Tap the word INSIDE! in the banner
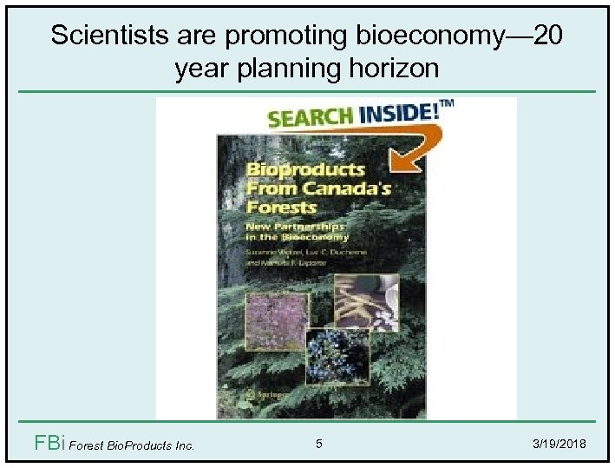[398, 113]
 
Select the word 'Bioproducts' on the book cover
[295, 170]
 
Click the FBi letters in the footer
[48, 444]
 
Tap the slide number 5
[319, 445]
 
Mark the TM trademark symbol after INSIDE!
[448, 104]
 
